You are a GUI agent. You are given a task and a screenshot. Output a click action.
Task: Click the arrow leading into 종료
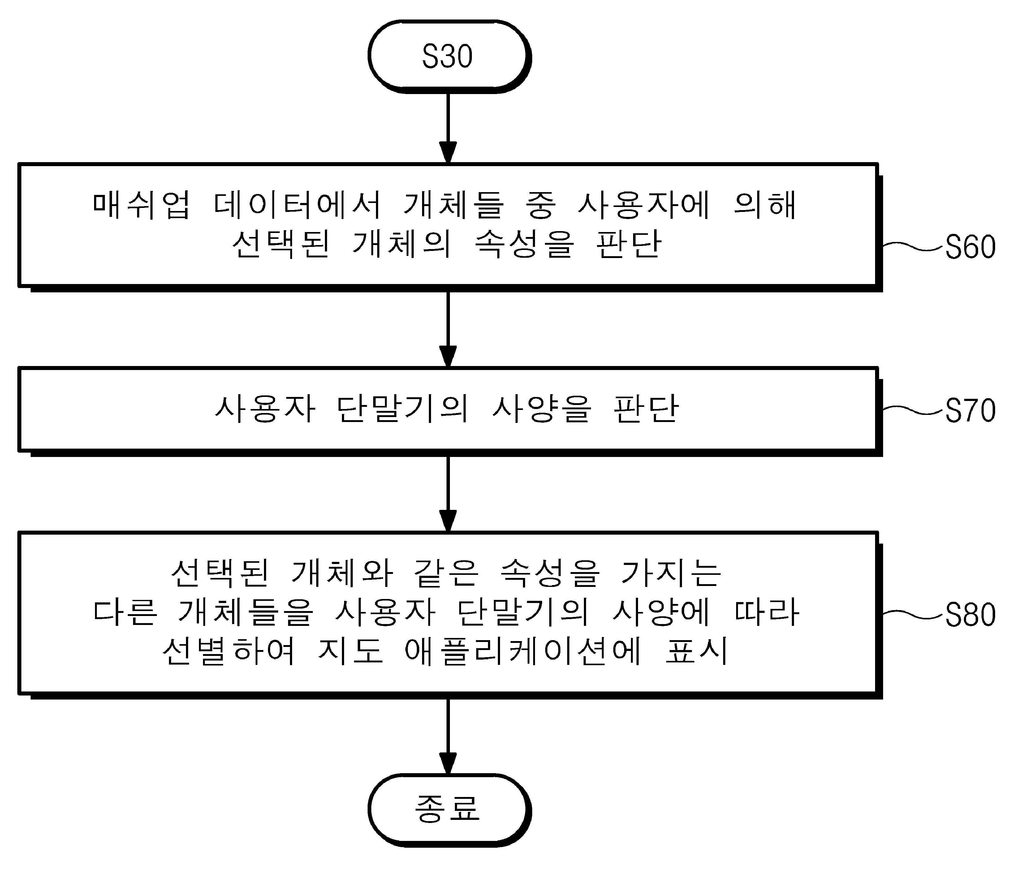[x=448, y=736]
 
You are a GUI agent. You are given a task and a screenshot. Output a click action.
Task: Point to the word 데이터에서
[x=297, y=205]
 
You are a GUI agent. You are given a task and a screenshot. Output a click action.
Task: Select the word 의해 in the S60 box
[x=765, y=205]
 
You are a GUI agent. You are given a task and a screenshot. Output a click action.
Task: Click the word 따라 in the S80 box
[x=767, y=612]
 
